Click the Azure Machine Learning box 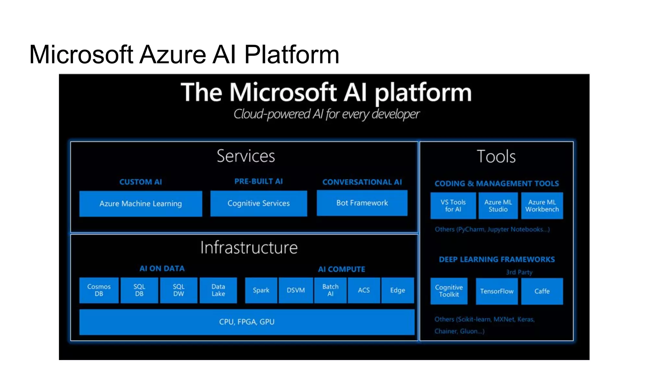click(140, 204)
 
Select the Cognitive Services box click(258, 203)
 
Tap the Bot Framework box click(362, 203)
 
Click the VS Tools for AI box click(453, 206)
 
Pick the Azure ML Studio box click(498, 206)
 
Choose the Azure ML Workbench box click(542, 206)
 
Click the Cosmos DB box click(99, 290)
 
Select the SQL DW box click(178, 290)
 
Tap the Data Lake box click(218, 290)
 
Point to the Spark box click(261, 290)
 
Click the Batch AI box click(330, 290)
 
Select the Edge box click(397, 290)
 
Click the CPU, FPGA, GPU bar click(247, 322)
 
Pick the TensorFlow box click(497, 291)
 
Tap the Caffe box click(542, 291)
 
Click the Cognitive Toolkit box click(449, 291)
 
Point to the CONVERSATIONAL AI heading click(362, 182)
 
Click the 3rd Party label click(519, 272)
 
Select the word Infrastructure click(249, 248)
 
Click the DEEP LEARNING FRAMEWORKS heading click(497, 259)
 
